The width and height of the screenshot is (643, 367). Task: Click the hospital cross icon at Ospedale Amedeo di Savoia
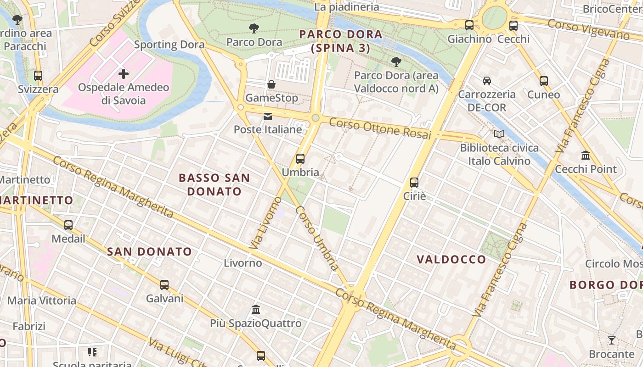coord(123,73)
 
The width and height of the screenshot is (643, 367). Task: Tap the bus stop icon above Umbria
coord(300,159)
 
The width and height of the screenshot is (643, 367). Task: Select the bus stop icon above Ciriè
coord(414,183)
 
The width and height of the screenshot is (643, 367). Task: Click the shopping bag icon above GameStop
coord(271,84)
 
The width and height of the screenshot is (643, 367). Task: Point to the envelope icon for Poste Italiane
coord(268,117)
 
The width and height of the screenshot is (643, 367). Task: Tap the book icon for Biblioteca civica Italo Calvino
coord(499,134)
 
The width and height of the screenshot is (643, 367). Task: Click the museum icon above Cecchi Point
coord(586,156)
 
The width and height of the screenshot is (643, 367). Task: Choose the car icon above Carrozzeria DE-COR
coord(486,81)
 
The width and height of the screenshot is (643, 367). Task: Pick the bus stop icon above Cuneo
coord(544,81)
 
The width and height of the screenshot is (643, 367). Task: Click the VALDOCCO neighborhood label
coord(451,259)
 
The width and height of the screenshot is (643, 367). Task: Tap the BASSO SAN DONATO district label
coord(214,184)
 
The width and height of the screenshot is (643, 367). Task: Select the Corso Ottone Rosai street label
coord(380,128)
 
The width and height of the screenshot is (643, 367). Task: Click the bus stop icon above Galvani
coord(164,285)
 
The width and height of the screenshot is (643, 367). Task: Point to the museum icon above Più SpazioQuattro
coord(256,309)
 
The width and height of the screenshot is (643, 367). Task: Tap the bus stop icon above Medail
coord(68,225)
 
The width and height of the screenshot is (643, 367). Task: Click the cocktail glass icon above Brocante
coord(612,340)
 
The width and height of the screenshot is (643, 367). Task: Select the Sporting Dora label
coord(169,44)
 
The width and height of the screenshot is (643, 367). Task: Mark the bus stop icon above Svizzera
coord(38,76)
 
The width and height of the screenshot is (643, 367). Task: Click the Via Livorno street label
coord(265,223)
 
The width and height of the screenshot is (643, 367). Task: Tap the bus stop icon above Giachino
coord(469,25)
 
